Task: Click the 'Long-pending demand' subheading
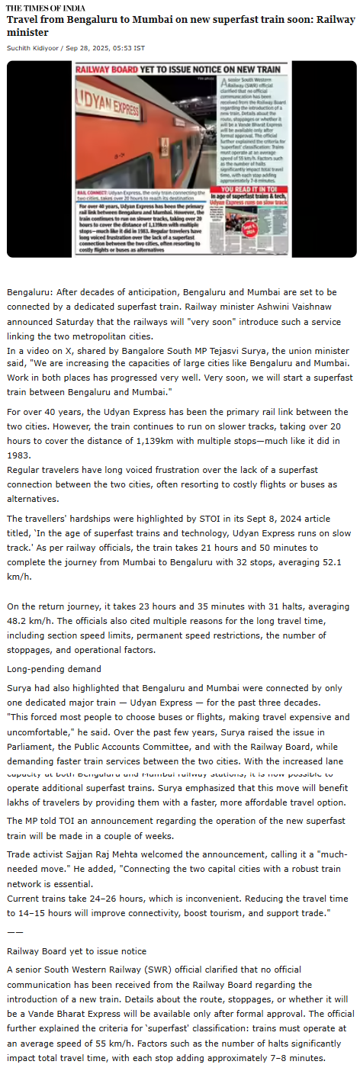54,669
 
